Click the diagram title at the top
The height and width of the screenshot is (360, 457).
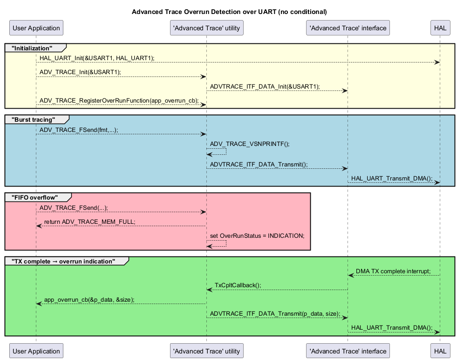click(x=229, y=11)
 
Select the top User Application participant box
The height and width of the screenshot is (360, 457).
click(x=36, y=28)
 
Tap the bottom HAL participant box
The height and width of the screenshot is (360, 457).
click(x=440, y=351)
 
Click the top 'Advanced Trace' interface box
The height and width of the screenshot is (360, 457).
click(x=348, y=28)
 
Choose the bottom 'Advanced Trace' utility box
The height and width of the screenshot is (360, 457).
click(x=206, y=351)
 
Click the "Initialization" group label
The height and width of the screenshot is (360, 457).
click(x=32, y=48)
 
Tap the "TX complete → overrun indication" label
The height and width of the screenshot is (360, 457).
click(x=63, y=261)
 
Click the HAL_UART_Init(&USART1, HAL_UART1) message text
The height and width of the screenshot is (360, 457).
click(x=97, y=58)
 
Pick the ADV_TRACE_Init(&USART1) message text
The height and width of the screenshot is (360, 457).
click(x=80, y=72)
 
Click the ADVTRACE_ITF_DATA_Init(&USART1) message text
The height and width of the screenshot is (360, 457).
click(x=265, y=86)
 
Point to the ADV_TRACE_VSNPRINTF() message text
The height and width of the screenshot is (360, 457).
click(x=250, y=144)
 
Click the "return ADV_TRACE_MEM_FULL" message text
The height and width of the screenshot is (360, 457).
click(x=90, y=222)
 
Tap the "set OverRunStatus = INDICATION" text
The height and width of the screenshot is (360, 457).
click(x=257, y=235)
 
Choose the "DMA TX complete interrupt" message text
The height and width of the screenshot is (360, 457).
click(x=393, y=271)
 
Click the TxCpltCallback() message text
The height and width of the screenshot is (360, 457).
click(x=238, y=285)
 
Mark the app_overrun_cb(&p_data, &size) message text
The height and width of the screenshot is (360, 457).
click(x=89, y=299)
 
